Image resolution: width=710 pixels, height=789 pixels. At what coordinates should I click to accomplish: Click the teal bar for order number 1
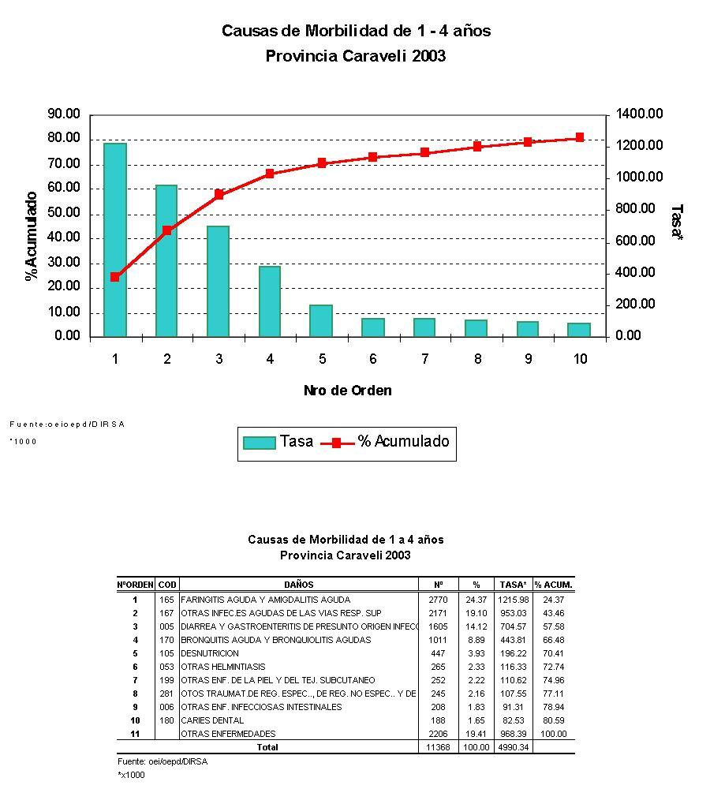pos(115,240)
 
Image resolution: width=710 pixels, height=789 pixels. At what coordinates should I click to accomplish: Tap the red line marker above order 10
pos(580,137)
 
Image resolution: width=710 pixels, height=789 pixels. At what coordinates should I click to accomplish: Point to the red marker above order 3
pos(219,194)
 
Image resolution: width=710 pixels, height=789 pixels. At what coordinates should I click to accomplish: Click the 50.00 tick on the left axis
pos(64,213)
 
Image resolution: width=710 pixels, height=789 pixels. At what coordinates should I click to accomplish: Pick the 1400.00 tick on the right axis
pos(639,114)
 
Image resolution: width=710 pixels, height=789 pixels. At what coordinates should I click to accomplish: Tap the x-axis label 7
pos(424,360)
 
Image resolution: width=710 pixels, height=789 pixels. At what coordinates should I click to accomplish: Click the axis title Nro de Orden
pos(347,391)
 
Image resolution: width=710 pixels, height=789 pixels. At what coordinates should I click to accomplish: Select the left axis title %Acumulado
pos(32,235)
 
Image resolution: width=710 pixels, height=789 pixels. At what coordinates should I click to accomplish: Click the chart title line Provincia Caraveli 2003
pos(355,56)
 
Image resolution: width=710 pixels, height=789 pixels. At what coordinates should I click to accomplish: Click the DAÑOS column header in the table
pos(299,585)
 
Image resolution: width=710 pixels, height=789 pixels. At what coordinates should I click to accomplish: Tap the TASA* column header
pos(513,585)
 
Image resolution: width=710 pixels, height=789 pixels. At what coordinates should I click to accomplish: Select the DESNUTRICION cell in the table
pos(210,653)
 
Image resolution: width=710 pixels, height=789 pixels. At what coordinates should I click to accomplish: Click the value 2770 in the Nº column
pos(438,600)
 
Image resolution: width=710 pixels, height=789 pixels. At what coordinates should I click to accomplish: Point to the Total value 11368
pos(438,747)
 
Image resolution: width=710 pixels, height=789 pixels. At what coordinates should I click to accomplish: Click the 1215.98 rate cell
pos(513,600)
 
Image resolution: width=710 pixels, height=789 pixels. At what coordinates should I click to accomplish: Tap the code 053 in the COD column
pos(166,667)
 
